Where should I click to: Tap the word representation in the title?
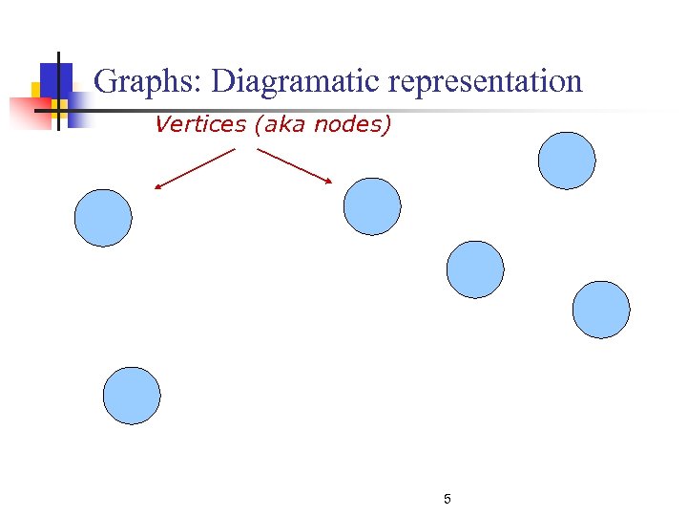click(x=485, y=82)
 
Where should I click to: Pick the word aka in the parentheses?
click(x=283, y=124)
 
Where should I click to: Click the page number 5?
click(x=448, y=499)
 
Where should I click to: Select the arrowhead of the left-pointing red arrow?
click(x=158, y=187)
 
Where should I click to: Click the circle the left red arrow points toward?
click(x=103, y=218)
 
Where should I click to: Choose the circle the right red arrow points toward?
click(x=372, y=206)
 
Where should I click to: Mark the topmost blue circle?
click(x=567, y=161)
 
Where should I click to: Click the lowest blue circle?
click(x=132, y=396)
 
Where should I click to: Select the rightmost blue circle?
click(x=601, y=310)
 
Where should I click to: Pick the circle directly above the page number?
click(x=475, y=269)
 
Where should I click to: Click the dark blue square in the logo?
click(x=56, y=78)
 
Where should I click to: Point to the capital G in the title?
click(x=108, y=82)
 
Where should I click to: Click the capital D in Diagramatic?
click(x=222, y=82)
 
